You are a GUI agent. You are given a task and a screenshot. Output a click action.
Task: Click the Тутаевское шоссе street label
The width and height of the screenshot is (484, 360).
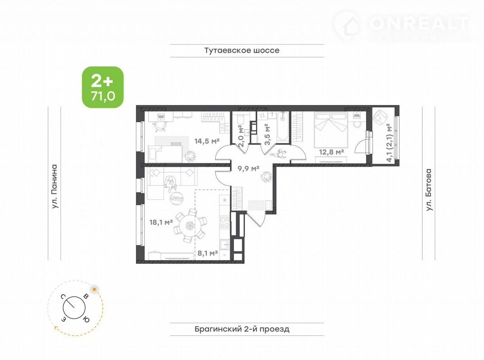point(242,51)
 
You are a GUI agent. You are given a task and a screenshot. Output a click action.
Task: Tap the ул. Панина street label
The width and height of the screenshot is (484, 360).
point(55,187)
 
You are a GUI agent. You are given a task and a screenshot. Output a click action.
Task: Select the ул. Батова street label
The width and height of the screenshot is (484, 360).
point(429,189)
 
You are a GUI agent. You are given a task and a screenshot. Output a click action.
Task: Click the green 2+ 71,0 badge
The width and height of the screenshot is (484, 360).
point(103,87)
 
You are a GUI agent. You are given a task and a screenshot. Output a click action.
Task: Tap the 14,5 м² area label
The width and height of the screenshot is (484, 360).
point(207,141)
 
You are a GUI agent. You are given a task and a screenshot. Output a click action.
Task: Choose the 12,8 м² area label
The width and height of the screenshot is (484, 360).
point(332,152)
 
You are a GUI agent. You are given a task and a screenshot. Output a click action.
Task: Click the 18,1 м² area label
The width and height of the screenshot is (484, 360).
point(161,222)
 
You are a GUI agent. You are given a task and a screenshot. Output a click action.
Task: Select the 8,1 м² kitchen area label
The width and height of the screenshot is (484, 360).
point(207,253)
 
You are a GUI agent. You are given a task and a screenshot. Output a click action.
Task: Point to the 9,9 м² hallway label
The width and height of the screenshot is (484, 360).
point(248,168)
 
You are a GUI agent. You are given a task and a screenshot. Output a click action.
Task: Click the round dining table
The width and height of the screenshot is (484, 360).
point(190,226)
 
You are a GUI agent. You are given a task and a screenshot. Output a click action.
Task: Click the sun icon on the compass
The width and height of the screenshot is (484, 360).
point(94,289)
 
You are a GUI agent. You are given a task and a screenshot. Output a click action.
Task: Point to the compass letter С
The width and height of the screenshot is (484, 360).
point(63,297)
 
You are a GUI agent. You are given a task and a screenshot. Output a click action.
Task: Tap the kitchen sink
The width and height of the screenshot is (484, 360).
point(225,246)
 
